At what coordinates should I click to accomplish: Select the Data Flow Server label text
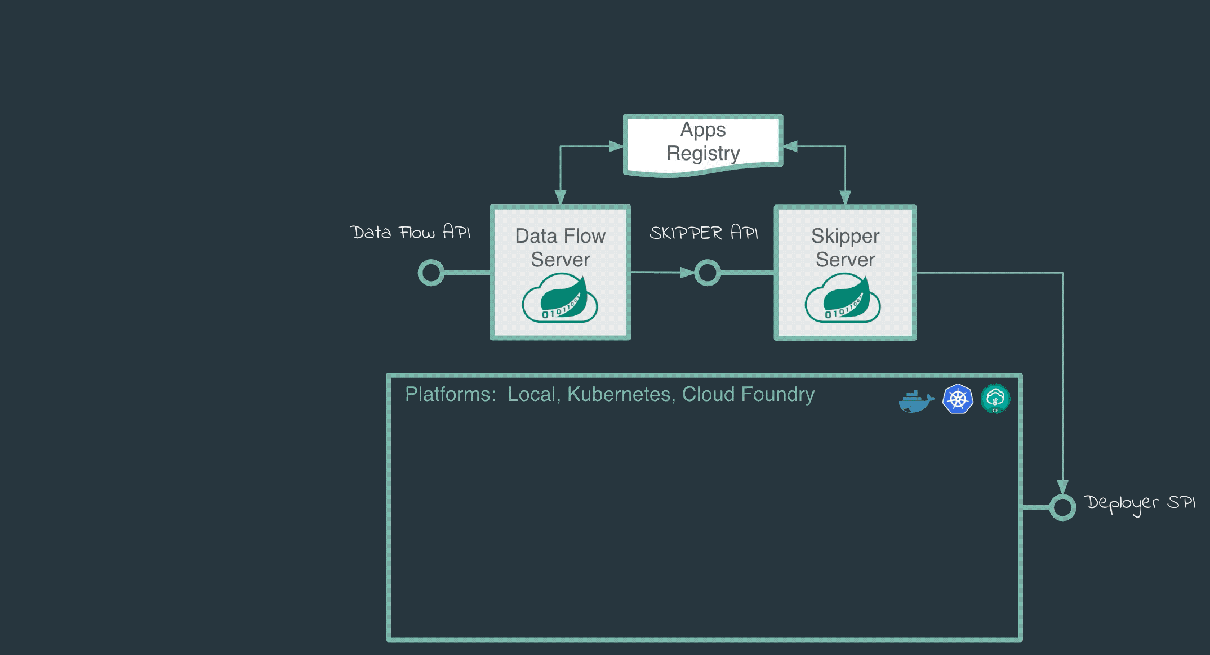(x=560, y=248)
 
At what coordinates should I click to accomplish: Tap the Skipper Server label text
(x=845, y=248)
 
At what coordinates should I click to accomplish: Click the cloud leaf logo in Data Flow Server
(x=560, y=298)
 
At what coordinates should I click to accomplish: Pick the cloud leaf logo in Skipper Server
(x=843, y=298)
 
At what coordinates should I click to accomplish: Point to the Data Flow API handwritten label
(x=410, y=232)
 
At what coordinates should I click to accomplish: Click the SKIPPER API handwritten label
(x=704, y=233)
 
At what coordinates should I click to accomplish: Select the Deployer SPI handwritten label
(x=1139, y=503)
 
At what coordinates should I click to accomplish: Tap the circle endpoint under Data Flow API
(x=431, y=273)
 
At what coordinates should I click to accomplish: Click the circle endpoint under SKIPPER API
(x=708, y=273)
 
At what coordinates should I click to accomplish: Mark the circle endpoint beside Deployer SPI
(x=1062, y=507)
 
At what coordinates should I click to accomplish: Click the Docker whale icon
(x=916, y=400)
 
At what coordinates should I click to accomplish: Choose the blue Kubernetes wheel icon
(x=958, y=399)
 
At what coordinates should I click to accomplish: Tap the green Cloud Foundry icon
(x=995, y=399)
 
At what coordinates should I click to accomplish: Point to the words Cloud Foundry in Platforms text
(x=748, y=394)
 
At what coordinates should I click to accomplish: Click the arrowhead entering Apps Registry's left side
(x=617, y=146)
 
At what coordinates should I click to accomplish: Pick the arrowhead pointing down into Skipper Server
(x=845, y=198)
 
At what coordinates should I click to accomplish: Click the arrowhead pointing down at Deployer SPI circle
(x=1062, y=487)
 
